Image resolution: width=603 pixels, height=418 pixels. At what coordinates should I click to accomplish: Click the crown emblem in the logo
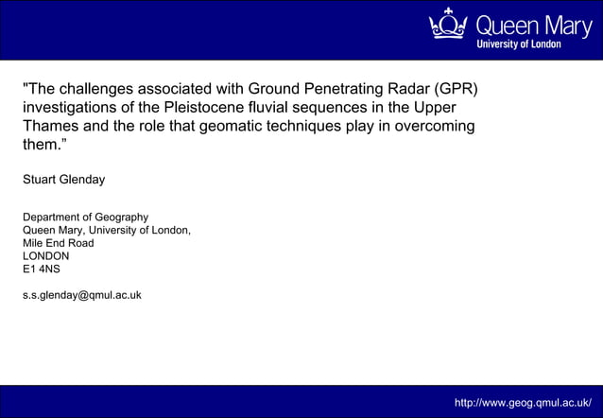click(x=448, y=25)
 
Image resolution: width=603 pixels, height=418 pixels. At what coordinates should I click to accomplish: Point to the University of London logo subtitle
click(x=519, y=44)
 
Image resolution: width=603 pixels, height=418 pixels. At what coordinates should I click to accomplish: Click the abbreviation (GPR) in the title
click(x=451, y=90)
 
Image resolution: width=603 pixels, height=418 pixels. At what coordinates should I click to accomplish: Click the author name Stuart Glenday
click(x=64, y=179)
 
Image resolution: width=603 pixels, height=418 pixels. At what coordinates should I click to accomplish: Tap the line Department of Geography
click(x=85, y=217)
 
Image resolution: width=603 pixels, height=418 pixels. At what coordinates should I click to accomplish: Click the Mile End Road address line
click(x=59, y=242)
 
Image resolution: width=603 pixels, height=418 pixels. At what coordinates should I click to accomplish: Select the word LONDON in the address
click(x=46, y=255)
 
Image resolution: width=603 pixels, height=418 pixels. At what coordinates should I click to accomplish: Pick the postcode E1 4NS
click(x=42, y=269)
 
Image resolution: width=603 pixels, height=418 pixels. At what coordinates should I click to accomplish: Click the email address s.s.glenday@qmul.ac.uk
click(x=82, y=294)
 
